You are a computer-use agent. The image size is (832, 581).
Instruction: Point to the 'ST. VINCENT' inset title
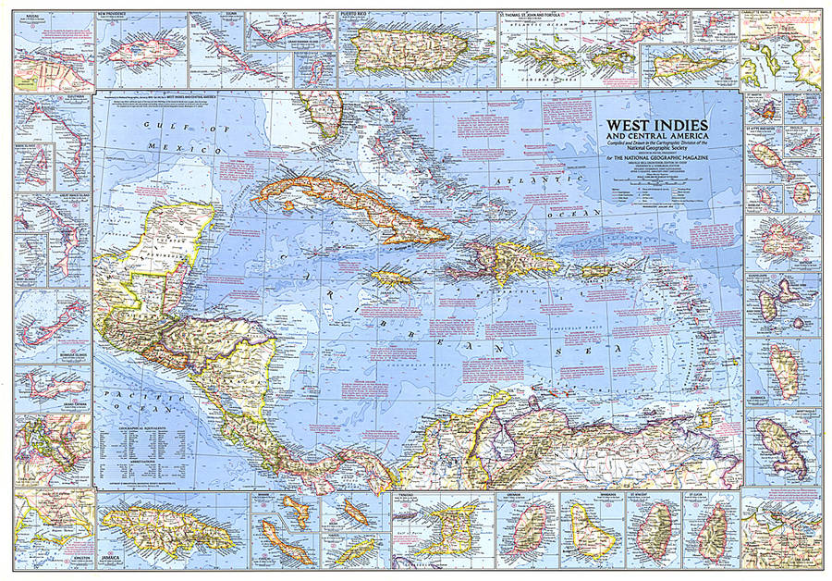click(x=654, y=497)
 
